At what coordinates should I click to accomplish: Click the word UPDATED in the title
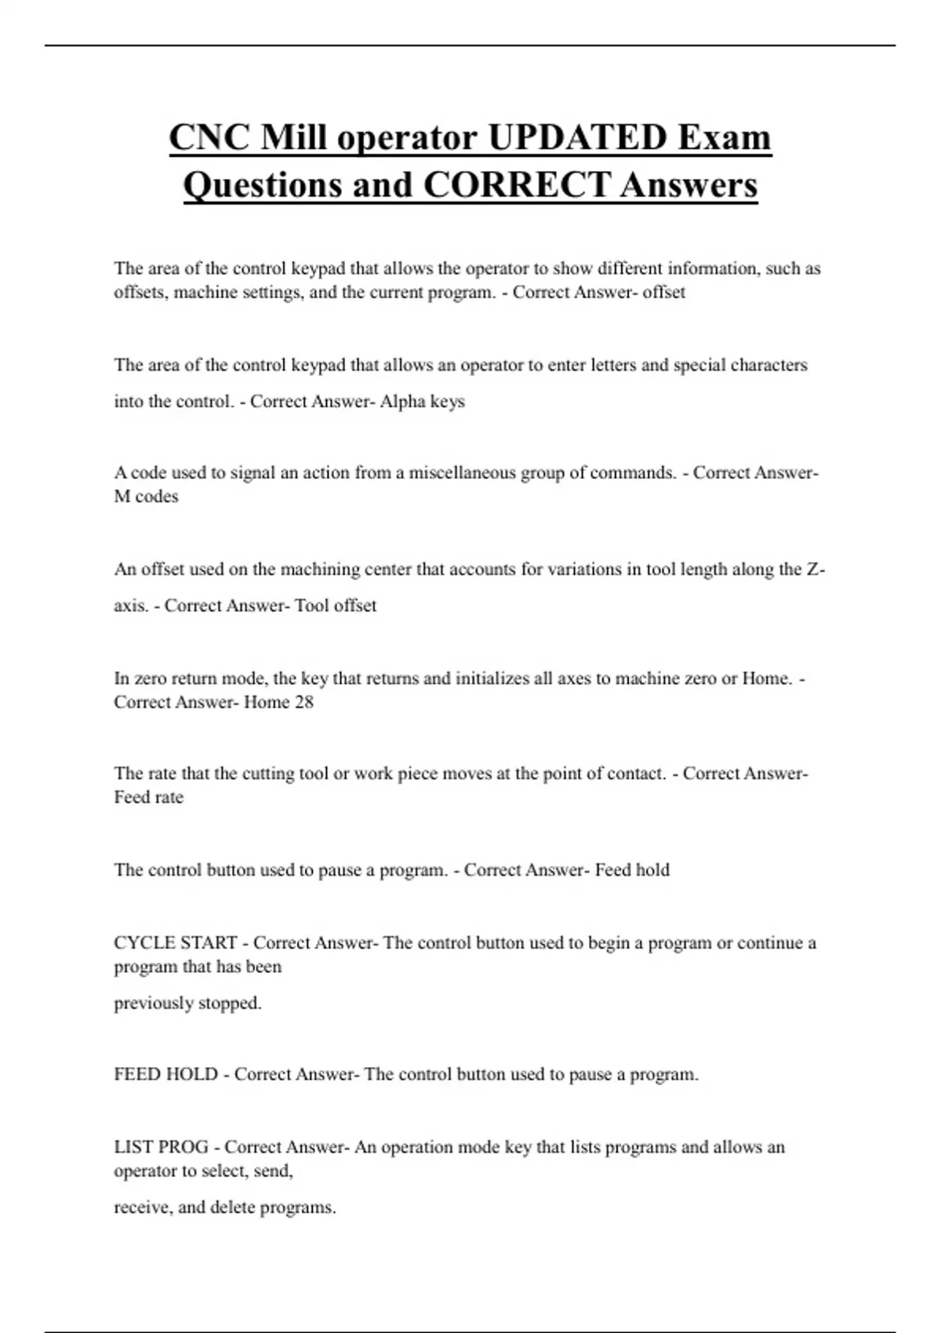[x=576, y=138]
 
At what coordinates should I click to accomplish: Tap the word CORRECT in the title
[x=516, y=185]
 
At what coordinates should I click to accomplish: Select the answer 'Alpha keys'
[x=422, y=401]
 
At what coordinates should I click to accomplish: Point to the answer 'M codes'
[x=147, y=496]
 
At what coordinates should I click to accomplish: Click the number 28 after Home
[x=303, y=702]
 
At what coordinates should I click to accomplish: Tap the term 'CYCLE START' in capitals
[x=176, y=943]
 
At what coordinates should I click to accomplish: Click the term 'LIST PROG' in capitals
[x=162, y=1147]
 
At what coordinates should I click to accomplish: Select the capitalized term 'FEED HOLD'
[x=166, y=1074]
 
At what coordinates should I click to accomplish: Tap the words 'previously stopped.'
[x=188, y=1003]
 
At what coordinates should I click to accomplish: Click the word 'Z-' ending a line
[x=815, y=569]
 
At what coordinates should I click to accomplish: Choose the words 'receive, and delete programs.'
[x=225, y=1208]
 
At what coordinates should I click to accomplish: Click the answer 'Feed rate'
[x=149, y=797]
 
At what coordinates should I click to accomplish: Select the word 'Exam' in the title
[x=725, y=138]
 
